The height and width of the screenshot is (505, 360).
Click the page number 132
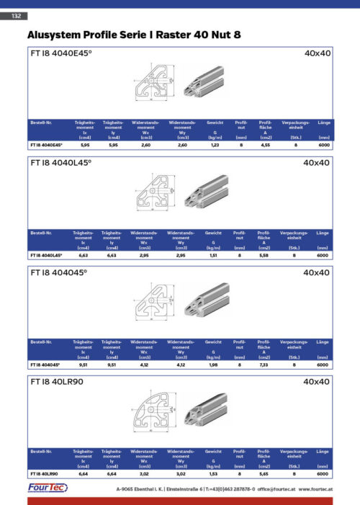point(16,16)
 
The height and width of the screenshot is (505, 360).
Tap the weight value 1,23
point(213,146)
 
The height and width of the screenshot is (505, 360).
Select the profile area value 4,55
point(264,146)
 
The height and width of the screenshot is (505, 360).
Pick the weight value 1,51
point(213,255)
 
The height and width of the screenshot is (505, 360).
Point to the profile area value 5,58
point(264,255)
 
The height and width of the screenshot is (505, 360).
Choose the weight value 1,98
point(213,365)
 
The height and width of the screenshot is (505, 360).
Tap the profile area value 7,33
point(264,365)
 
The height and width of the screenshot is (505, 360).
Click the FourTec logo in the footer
point(49,489)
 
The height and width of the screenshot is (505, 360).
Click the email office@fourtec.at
point(275,490)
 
